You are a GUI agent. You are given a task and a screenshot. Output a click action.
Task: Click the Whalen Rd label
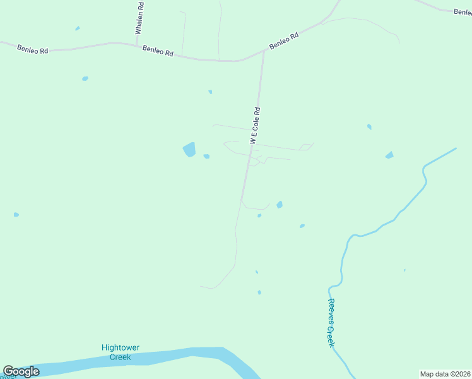coord(140,19)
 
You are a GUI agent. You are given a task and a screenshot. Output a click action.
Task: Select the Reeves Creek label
coord(330,322)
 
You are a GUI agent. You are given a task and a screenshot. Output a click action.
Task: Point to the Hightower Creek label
coord(121,352)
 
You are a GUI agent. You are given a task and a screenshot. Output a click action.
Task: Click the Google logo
coord(21,371)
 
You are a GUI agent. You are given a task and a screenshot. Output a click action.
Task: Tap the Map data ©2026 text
coord(445,374)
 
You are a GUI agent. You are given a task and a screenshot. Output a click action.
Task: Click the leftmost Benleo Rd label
coord(33,48)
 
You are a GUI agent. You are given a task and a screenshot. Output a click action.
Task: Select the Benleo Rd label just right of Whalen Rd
coord(158,51)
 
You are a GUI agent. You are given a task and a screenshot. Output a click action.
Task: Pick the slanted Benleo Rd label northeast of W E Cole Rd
coord(283,41)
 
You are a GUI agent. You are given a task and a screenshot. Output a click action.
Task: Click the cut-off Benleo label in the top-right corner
coord(463,11)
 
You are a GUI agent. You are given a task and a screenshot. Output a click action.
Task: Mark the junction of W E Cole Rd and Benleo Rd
coord(263,52)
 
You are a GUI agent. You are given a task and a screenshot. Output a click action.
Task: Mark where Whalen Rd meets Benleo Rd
coord(137,45)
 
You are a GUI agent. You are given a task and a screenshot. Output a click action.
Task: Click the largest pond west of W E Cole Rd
coord(189,150)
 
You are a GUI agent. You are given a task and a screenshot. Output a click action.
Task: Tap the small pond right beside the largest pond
coord(206,157)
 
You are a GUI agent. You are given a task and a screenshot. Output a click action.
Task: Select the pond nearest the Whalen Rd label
coord(78,28)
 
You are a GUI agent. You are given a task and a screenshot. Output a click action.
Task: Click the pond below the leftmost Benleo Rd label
coord(85,78)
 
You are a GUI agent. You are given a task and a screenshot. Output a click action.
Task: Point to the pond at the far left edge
coord(16,215)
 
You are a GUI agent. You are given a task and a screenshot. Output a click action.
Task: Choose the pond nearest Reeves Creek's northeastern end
coord(389,155)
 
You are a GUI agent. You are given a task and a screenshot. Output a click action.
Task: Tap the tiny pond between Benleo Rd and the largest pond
coord(210,92)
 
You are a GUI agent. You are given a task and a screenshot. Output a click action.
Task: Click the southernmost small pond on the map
coord(259,292)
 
